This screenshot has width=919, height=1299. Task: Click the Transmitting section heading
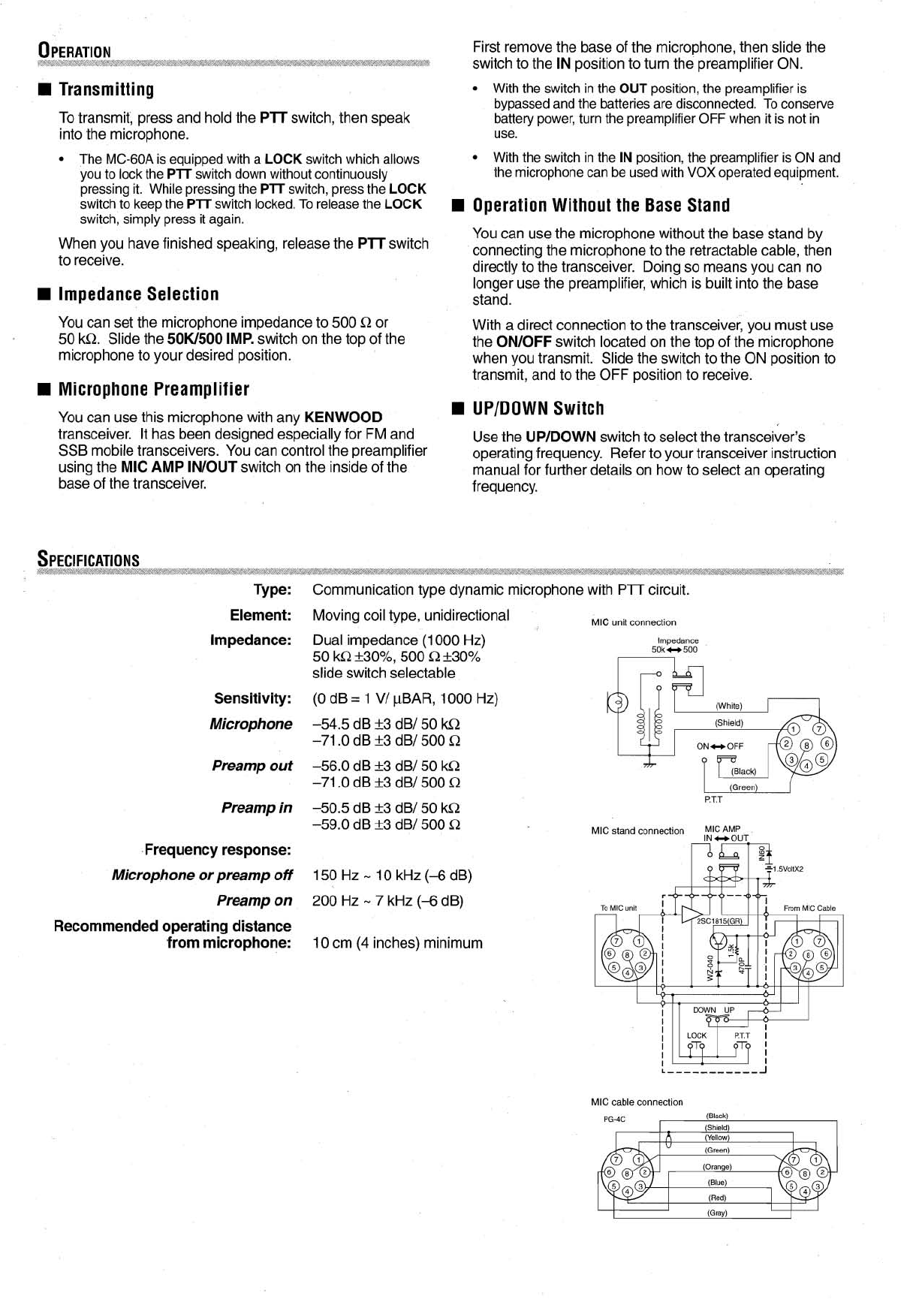coord(106,89)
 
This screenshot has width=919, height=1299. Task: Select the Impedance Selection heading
coord(138,294)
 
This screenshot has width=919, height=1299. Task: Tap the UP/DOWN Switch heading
coord(538,408)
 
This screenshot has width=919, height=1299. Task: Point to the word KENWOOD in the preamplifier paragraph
coord(343,417)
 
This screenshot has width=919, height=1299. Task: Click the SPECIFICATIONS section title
coord(89,560)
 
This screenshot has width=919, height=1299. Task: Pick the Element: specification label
coord(261,615)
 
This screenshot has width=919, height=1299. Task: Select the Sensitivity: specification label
coord(252,698)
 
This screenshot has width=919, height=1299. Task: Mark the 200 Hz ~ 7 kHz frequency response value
coord(387,900)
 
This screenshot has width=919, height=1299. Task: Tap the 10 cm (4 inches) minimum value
coord(397,942)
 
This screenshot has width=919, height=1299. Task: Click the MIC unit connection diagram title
coord(633,622)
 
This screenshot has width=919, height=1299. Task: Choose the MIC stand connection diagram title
coord(637,830)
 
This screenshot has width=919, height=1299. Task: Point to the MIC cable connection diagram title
coord(637,1102)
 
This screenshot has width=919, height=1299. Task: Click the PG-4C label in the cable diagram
coord(614,1120)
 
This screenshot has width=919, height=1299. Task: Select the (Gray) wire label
coord(717,1213)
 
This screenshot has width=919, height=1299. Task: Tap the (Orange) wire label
coord(717,1167)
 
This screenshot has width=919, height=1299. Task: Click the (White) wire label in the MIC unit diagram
coord(728,706)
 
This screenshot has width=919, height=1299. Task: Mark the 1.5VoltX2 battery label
coord(788,869)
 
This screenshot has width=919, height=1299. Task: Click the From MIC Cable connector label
coord(809,909)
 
